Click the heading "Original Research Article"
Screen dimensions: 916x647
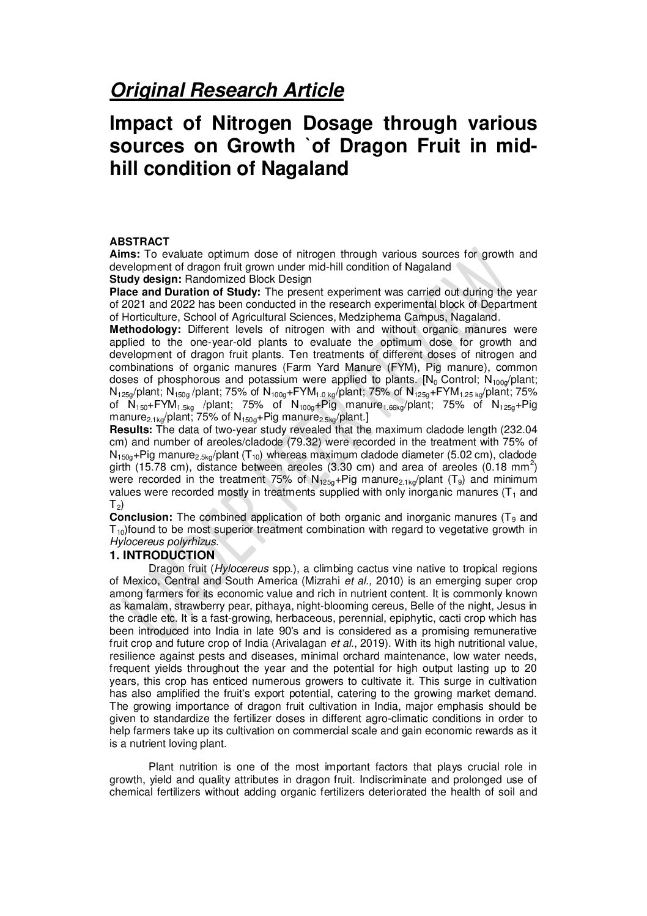click(x=226, y=91)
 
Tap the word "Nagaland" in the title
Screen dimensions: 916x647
click(x=297, y=168)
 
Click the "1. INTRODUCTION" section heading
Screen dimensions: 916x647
click(x=161, y=555)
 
